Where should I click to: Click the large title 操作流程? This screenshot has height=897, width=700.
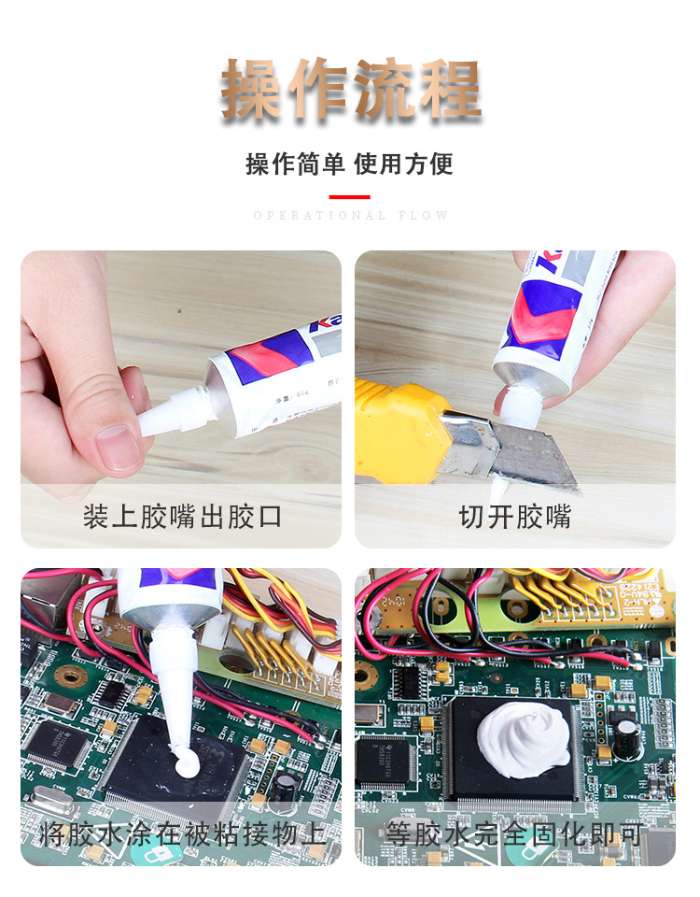point(351,91)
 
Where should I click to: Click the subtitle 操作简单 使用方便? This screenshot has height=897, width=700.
point(349,164)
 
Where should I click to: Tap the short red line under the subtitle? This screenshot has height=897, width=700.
point(349,197)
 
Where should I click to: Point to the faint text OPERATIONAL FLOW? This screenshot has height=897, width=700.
point(351,216)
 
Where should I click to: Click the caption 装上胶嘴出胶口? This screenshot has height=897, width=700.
point(182,517)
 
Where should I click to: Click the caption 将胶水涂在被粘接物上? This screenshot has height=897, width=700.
point(182,834)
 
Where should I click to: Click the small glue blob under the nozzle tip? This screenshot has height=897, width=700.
point(184,766)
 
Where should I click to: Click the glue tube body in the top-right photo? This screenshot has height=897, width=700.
point(551,318)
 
